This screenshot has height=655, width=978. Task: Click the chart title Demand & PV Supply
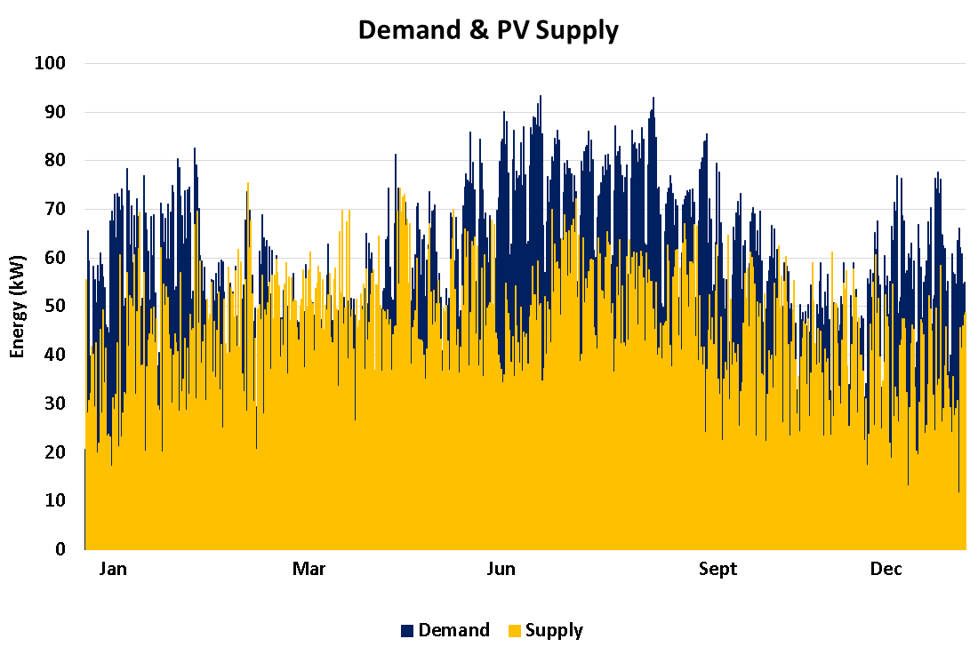pos(488,30)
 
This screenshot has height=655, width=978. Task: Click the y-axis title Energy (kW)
pos(18,307)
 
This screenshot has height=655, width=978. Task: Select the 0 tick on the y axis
pos(60,549)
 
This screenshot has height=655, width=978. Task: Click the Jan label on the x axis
pos(113,570)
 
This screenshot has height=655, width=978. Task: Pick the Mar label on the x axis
pos(309,570)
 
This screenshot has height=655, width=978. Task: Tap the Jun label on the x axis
pos(501,570)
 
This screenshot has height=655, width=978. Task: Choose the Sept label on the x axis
pos(718,570)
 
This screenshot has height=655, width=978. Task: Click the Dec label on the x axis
pos(886,570)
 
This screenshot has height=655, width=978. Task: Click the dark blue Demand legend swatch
pos(407,631)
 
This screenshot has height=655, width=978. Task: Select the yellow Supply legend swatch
pos(514,631)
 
